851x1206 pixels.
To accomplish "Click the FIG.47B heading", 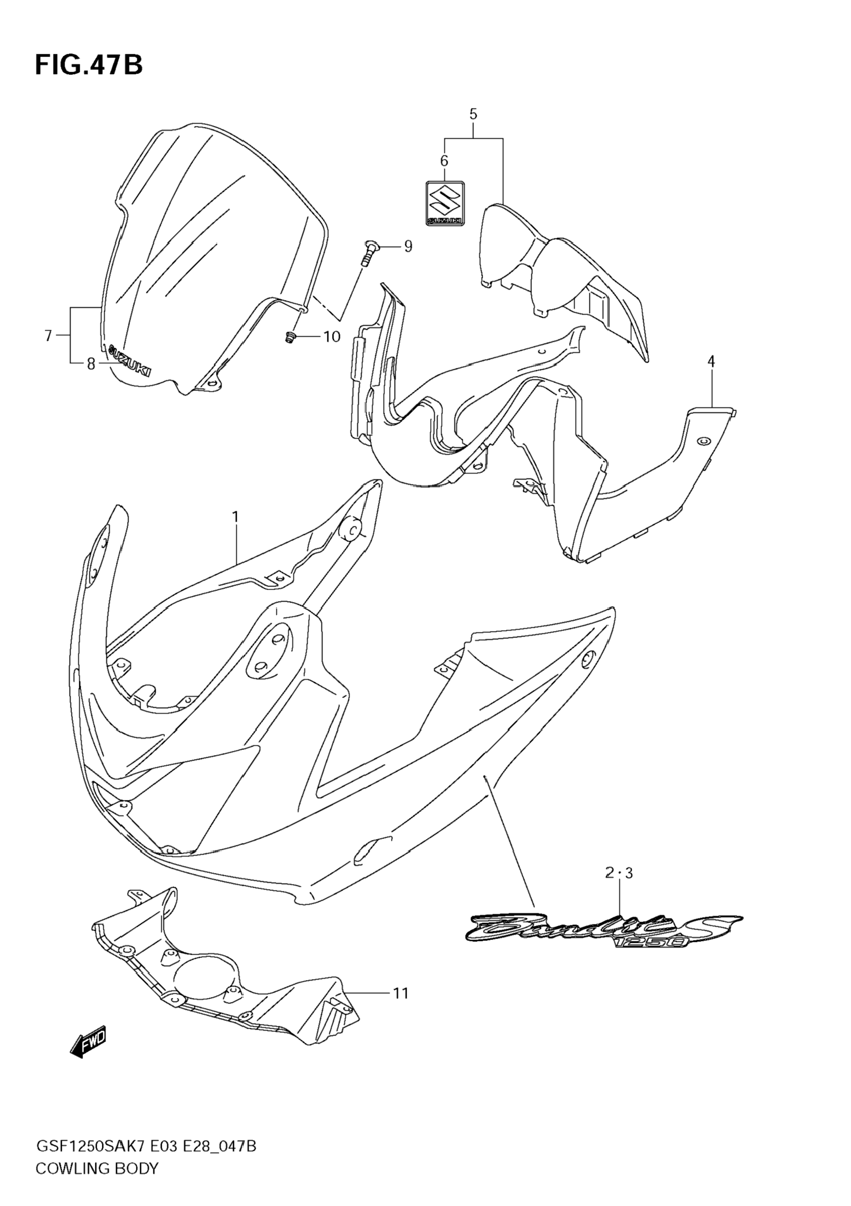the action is pos(89,66).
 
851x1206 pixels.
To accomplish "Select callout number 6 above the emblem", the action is pos(444,161).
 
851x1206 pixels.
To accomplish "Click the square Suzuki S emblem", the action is pos(444,204).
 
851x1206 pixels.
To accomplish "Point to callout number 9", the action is pos(408,246).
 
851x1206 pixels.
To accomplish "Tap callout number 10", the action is pos(332,336).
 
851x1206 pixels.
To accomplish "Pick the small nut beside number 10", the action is pos(290,338).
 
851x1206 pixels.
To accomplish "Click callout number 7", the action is pos(48,336).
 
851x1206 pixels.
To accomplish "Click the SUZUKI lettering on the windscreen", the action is pos(129,361).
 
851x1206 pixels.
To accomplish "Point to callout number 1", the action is pos(236,517).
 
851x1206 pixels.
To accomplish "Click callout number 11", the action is pos(401,993).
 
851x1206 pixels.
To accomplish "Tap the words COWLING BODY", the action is pos(97,1183).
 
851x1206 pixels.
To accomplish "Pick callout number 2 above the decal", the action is pos(609,873).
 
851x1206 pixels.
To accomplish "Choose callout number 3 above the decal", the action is pos(628,873).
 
